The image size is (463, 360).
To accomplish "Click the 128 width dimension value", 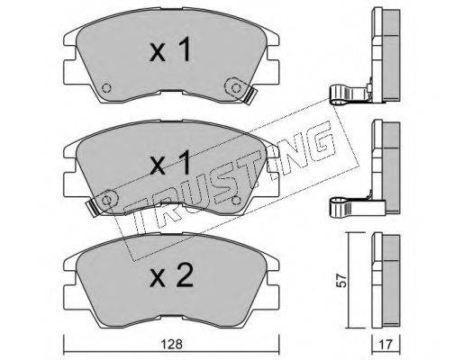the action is tap(171, 344).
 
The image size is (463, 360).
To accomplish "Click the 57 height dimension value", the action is tap(341, 281).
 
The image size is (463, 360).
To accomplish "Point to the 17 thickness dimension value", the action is tap(386, 345).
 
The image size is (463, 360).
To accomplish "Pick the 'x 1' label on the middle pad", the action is tap(170, 163).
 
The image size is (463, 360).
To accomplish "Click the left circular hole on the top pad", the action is tap(106, 88).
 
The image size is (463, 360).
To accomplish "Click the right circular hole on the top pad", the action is tap(236, 88).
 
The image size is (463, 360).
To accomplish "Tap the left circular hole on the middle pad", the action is tap(106, 200).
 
